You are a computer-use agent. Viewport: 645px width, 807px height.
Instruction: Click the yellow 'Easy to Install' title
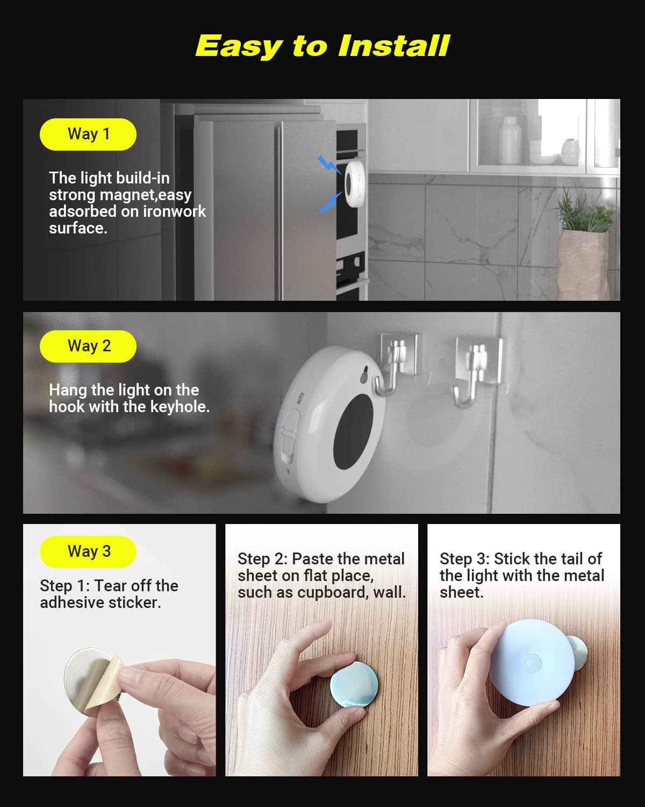coord(322,46)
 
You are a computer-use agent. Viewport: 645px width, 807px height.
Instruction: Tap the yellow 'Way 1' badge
coord(88,134)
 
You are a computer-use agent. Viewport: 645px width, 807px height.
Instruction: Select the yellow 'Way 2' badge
coord(88,346)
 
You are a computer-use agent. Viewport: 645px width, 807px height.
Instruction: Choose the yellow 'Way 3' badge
coord(88,551)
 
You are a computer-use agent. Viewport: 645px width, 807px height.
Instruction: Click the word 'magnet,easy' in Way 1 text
coord(146,195)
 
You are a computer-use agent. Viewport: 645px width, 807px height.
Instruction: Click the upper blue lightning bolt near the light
coord(328,165)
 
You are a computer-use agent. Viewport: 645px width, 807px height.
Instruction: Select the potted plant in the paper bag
coord(583,247)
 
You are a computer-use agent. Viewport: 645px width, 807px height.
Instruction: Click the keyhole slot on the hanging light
coord(365,375)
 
